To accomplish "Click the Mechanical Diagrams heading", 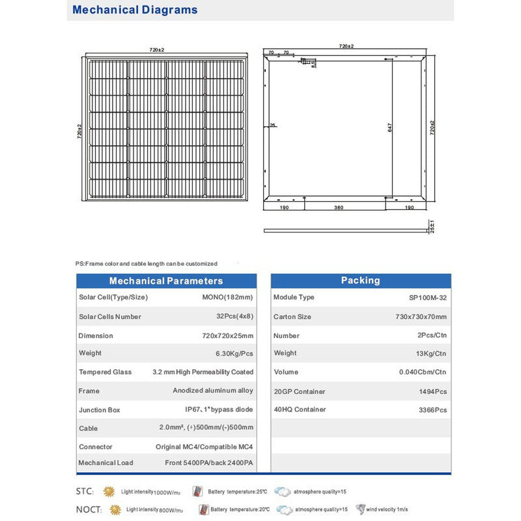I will [x=135, y=10].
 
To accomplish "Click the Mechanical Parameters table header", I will [x=165, y=281].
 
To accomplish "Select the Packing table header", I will [x=360, y=280].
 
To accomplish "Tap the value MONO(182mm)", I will [x=228, y=297].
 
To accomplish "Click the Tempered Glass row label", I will [x=105, y=372].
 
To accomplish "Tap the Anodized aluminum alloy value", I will [x=213, y=391].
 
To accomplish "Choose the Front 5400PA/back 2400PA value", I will [x=209, y=462].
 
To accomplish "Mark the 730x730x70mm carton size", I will [x=419, y=317].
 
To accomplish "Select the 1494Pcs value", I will [x=432, y=391].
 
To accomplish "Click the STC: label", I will [x=85, y=490].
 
